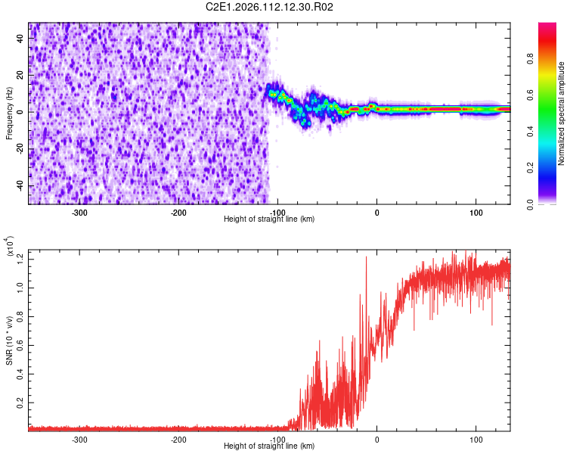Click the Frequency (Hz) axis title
click(10, 113)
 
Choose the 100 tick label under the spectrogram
click(476, 212)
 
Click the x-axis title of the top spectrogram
click(270, 219)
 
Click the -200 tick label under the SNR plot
click(178, 439)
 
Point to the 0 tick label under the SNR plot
click(377, 439)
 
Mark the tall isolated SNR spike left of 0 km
click(366, 258)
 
